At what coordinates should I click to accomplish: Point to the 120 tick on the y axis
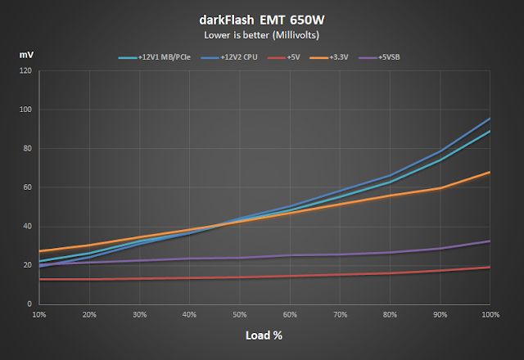(x=25, y=70)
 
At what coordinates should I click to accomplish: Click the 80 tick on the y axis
(x=27, y=148)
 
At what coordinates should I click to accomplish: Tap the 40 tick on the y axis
(x=27, y=227)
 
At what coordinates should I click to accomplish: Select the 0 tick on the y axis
(x=29, y=304)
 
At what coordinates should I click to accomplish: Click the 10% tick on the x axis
(x=38, y=314)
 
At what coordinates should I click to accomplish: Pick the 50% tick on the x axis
(x=240, y=314)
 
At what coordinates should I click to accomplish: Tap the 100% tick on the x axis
(x=490, y=314)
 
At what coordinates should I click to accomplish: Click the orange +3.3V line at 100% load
(x=490, y=172)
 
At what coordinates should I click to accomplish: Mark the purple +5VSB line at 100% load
(x=490, y=241)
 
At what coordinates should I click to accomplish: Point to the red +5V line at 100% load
(x=490, y=267)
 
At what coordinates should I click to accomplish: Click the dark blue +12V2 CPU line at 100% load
(x=490, y=118)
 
